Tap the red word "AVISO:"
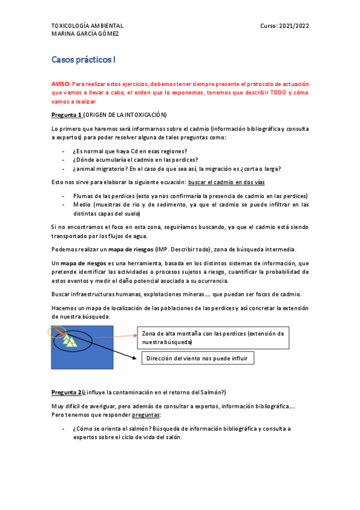point(62,85)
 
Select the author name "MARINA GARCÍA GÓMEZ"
point(84,34)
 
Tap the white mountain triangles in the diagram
point(71,341)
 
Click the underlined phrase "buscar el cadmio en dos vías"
point(227,182)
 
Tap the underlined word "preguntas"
point(146,415)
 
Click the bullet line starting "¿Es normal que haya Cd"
point(129,151)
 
